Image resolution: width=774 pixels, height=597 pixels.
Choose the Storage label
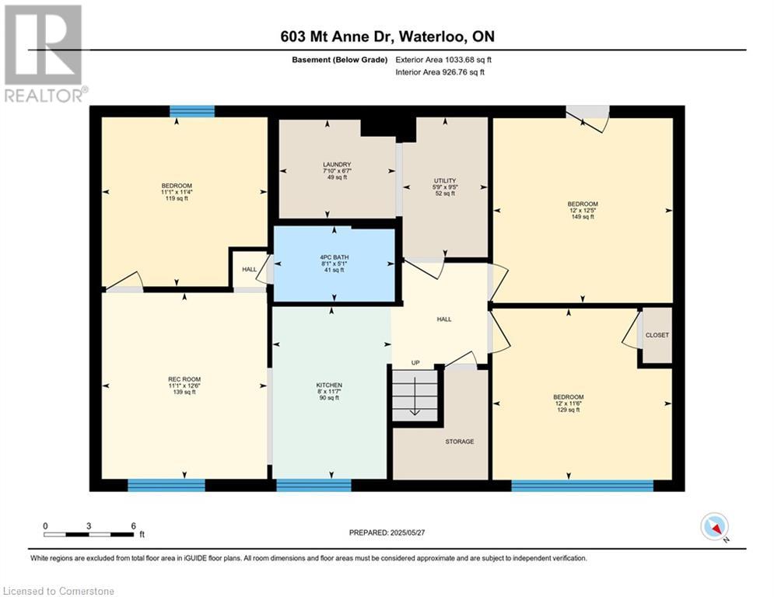(460, 442)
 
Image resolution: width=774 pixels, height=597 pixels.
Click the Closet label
(657, 335)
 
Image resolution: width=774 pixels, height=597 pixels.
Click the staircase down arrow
(414, 396)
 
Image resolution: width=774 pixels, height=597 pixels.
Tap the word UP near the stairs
(415, 363)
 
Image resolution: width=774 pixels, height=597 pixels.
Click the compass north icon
(715, 526)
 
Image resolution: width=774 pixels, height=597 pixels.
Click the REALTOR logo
(44, 54)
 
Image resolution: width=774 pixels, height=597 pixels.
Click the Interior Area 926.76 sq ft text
(440, 72)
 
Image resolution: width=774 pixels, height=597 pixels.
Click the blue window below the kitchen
(314, 485)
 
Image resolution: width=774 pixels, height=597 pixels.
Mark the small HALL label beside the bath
(249, 270)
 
